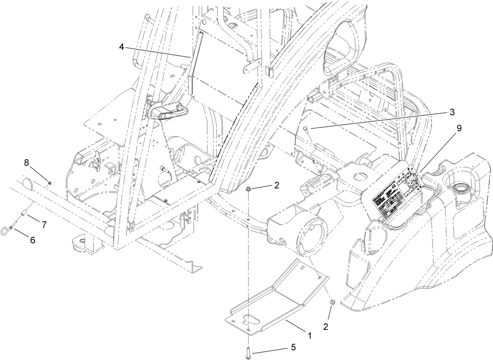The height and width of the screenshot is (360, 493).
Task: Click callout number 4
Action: tap(122, 47)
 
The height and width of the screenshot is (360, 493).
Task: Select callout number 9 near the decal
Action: tap(459, 128)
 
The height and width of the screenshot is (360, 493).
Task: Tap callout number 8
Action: tap(26, 162)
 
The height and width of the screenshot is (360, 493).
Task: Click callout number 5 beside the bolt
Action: tap(293, 347)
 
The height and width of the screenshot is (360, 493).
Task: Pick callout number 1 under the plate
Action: tap(309, 336)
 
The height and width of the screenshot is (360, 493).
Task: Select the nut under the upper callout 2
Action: tap(248, 190)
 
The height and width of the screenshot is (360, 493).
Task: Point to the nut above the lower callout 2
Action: tap(332, 302)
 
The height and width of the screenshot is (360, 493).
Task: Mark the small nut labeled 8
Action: tap(48, 182)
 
